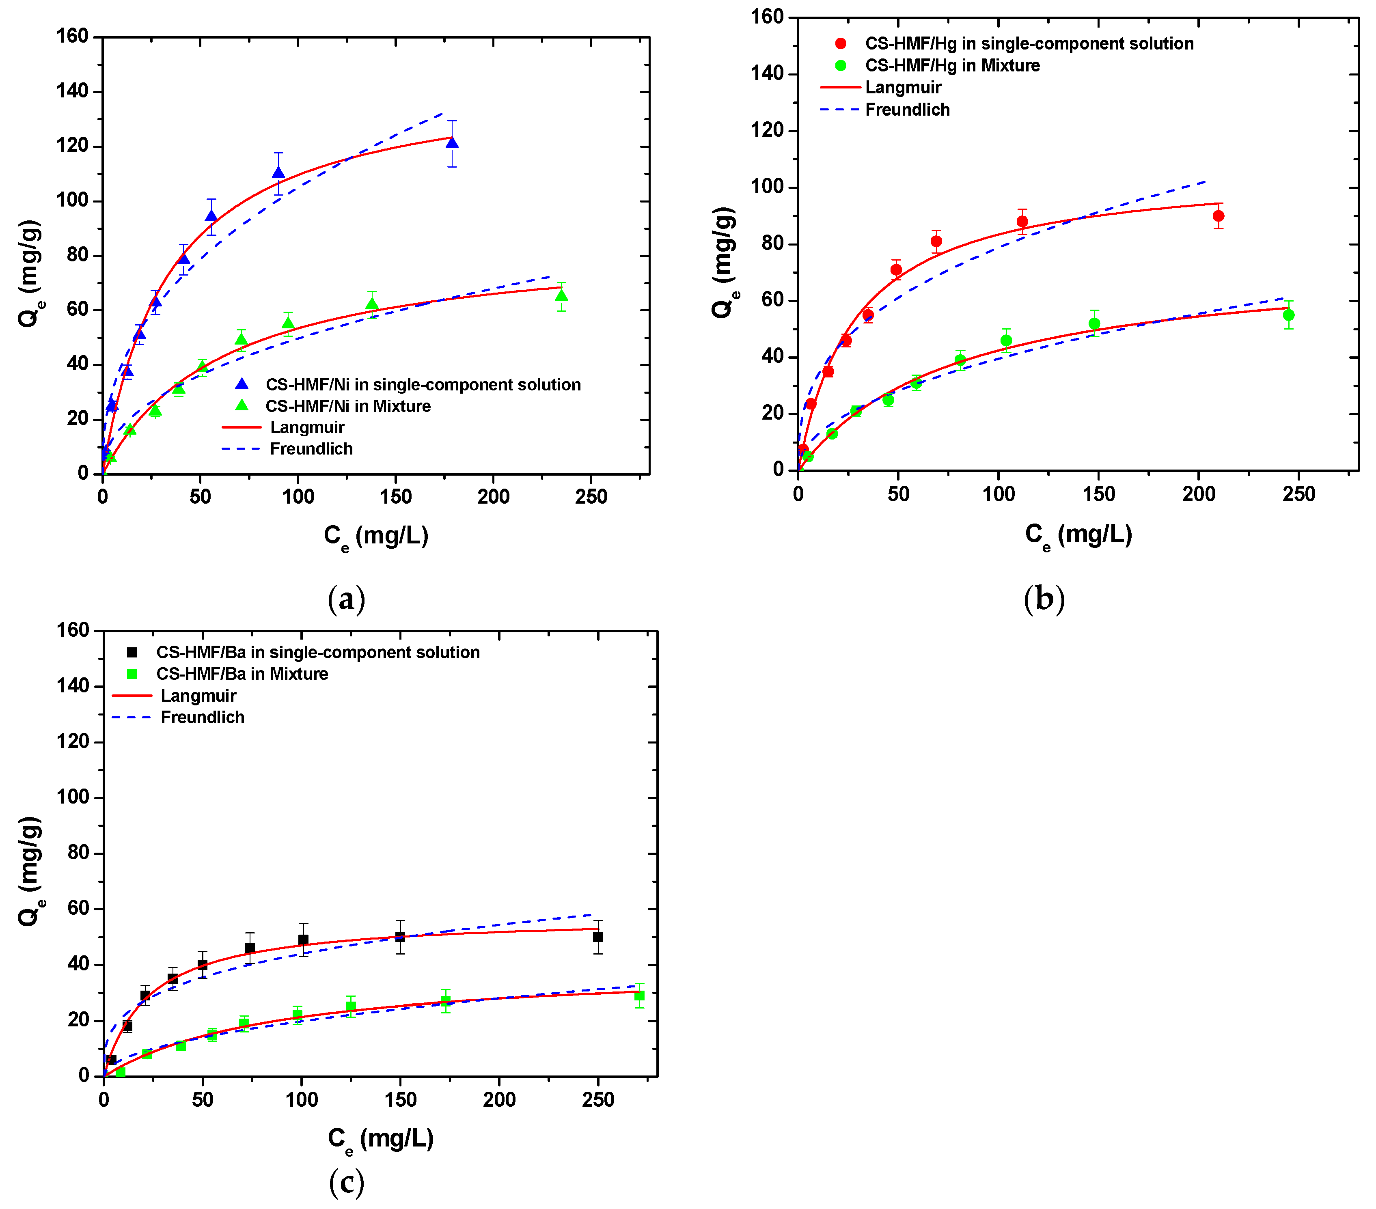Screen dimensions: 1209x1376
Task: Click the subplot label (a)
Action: pos(346,599)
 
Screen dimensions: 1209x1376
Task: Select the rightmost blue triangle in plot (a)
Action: pos(452,143)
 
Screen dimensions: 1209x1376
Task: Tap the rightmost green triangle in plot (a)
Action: pos(561,295)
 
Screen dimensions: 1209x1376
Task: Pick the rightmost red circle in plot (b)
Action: pos(1218,216)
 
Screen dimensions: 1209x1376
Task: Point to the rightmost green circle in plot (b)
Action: pos(1288,315)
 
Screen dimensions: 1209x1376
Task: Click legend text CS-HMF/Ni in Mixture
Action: pos(347,406)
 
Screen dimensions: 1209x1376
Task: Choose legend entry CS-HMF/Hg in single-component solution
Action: pos(1029,44)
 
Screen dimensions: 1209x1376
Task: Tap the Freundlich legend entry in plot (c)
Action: pos(202,718)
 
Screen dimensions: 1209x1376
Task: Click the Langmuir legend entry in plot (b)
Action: pos(903,88)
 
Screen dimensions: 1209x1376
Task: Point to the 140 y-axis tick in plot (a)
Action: pos(73,91)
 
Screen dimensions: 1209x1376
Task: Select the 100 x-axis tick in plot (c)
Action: pos(302,1100)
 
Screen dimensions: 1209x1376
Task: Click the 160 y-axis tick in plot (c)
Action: pos(73,630)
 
